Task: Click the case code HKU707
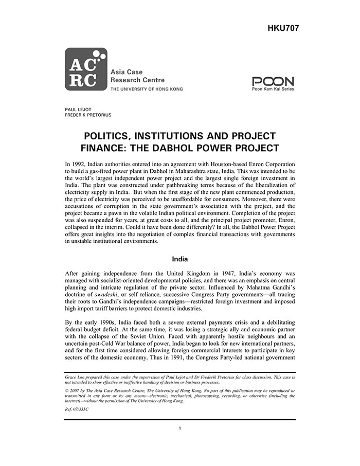tap(283, 28)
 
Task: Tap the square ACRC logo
tap(86, 69)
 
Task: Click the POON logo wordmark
tap(273, 81)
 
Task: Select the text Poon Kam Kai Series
tap(273, 89)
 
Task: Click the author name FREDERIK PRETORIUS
tap(88, 115)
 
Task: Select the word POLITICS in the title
tap(110, 136)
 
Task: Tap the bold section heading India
tap(180, 259)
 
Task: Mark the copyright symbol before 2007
tap(67, 391)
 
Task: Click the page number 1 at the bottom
tap(180, 428)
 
